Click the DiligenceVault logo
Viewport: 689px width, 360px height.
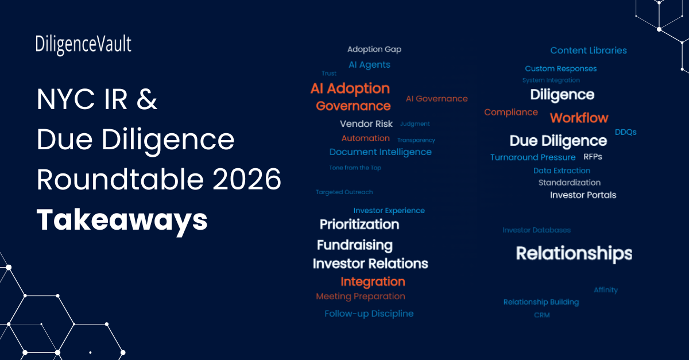tap(83, 45)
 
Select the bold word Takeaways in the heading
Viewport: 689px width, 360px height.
tap(122, 219)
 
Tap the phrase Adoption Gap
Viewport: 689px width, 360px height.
tap(374, 49)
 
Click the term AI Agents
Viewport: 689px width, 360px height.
tap(369, 65)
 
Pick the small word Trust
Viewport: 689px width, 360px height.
tap(329, 73)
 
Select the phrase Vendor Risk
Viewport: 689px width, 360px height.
tap(366, 123)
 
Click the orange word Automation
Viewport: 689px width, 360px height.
tap(365, 138)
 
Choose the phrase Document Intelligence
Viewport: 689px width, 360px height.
tap(380, 152)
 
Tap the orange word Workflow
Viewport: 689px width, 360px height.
tap(579, 118)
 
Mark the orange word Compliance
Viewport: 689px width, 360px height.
tap(511, 113)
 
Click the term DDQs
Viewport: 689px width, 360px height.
tap(625, 132)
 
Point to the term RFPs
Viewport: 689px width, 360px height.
tap(593, 156)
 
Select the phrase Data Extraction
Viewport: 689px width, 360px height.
tap(562, 171)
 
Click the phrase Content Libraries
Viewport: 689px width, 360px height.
tap(589, 51)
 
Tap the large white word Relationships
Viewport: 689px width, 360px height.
tap(574, 253)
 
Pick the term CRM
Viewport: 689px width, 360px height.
tap(541, 315)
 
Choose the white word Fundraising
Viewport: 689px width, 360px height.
tap(354, 245)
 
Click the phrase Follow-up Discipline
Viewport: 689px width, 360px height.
tap(369, 313)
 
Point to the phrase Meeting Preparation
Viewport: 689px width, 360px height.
tap(361, 296)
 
